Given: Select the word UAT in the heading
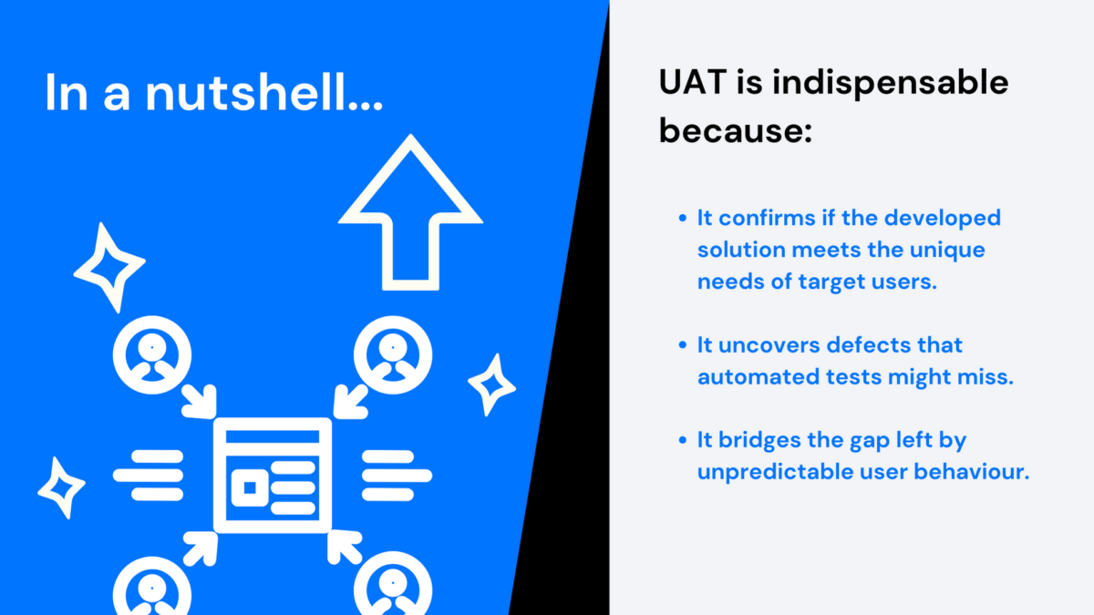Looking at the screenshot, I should point(696,84).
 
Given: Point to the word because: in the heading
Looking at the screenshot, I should point(735,132).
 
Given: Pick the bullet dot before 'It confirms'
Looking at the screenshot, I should point(684,219).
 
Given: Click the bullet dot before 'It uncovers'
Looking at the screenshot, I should point(684,346).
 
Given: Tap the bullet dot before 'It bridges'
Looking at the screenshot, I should point(684,441).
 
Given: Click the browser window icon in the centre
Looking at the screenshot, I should point(272,475).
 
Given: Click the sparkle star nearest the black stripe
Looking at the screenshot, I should point(491,384).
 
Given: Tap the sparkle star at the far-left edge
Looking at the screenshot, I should point(61,487).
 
